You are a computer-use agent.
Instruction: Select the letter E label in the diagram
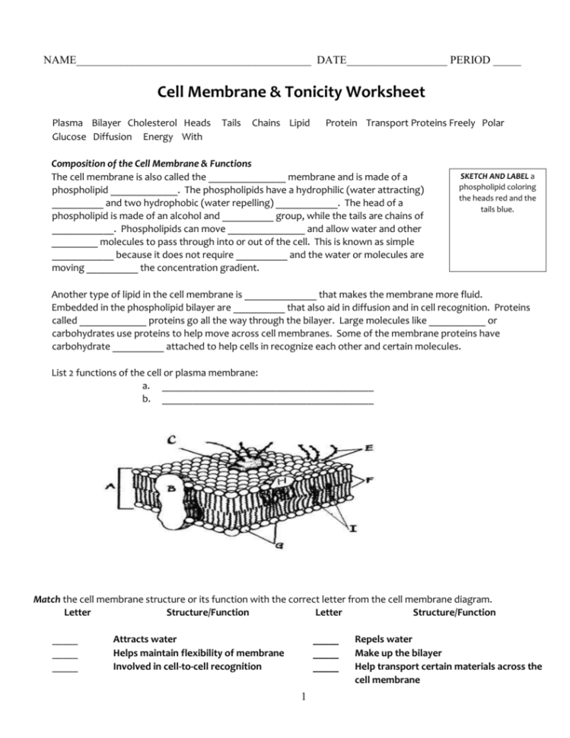click(368, 449)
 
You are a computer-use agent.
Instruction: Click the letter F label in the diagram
click(368, 480)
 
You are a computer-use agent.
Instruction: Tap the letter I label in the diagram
click(355, 527)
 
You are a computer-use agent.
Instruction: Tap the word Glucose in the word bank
click(69, 137)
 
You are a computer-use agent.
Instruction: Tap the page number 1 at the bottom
click(302, 695)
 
